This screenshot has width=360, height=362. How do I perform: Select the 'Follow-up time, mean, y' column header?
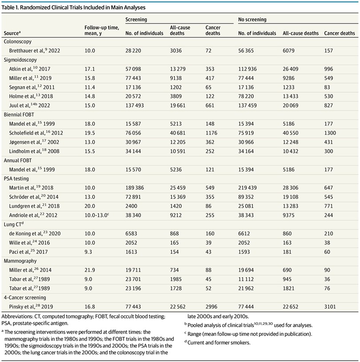pyautogui.click(x=102, y=30)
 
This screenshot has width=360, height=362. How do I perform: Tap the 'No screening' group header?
pyautogui.click(x=252, y=20)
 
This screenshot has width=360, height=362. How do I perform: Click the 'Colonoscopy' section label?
pyautogui.click(x=18, y=42)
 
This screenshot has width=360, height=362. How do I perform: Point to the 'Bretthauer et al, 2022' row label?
pyautogui.click(x=34, y=51)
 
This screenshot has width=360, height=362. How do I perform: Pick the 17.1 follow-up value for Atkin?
pyautogui.click(x=90, y=69)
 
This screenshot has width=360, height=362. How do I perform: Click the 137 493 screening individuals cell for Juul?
pyautogui.click(x=135, y=106)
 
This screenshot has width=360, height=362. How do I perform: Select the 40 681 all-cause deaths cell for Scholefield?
pyautogui.click(x=178, y=133)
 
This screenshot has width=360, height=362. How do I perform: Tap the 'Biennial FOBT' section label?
pyautogui.click(x=19, y=115)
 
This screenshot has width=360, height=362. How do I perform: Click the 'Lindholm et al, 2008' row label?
pyautogui.click(x=34, y=151)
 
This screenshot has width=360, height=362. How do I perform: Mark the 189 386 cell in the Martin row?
pyautogui.click(x=135, y=188)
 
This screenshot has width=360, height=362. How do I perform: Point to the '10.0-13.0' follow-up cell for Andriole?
pyautogui.click(x=97, y=215)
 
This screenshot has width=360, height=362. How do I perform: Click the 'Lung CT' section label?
pyautogui.click(x=14, y=224)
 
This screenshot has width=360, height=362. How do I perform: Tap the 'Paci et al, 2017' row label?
pyautogui.click(x=28, y=252)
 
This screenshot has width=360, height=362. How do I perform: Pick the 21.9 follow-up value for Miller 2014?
pyautogui.click(x=90, y=270)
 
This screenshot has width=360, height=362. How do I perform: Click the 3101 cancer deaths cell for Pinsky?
pyautogui.click(x=330, y=306)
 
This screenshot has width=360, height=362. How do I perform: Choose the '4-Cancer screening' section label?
pyautogui.click(x=25, y=297)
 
